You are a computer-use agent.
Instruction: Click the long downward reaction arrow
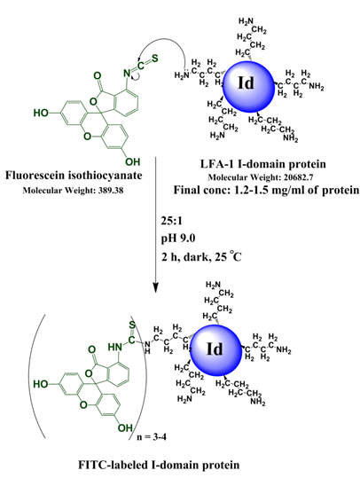157,231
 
